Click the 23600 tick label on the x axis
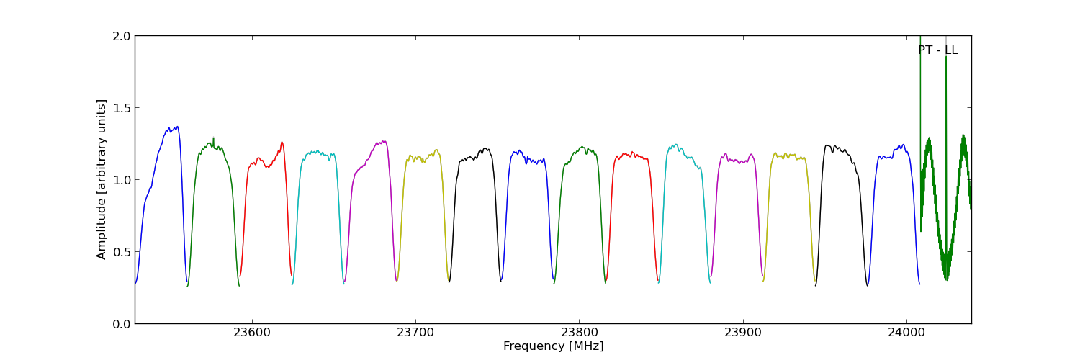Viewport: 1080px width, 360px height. point(252,333)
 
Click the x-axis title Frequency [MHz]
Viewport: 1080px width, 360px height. point(553,346)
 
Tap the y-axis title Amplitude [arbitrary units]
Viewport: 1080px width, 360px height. point(102,179)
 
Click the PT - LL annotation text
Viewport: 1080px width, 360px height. point(937,50)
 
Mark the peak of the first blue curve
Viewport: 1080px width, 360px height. point(177,127)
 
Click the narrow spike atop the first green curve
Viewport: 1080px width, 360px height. point(213,138)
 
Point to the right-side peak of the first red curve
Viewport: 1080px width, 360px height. point(282,143)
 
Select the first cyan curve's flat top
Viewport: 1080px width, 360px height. point(317,153)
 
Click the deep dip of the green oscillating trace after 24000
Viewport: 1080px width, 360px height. point(946,278)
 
